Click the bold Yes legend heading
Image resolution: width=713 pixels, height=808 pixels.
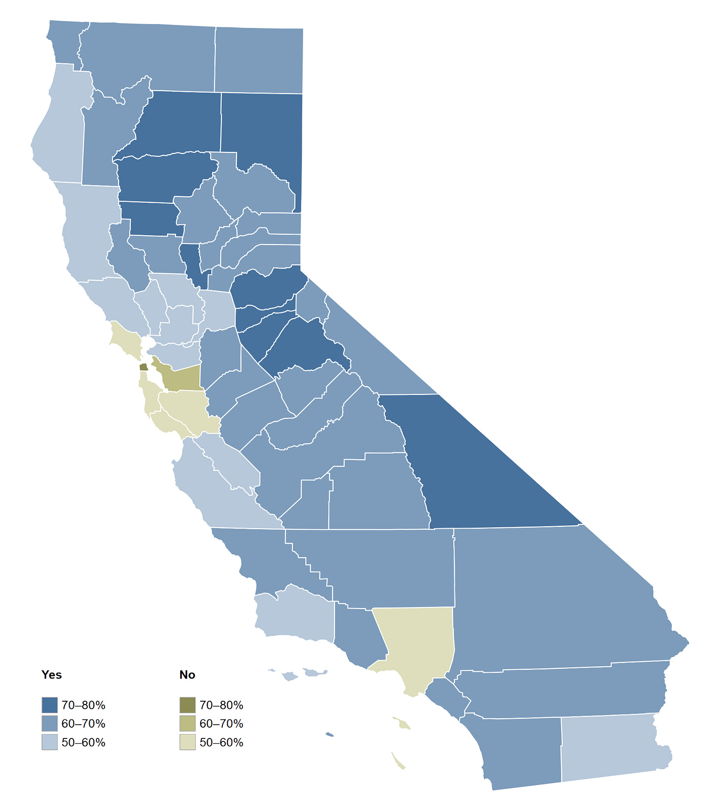tap(51, 675)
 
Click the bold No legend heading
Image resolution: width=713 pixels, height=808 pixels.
tap(187, 675)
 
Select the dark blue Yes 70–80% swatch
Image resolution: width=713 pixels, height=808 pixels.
tap(49, 705)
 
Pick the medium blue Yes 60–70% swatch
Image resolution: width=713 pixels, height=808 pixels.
tap(49, 724)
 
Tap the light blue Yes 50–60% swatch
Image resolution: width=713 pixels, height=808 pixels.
tap(49, 742)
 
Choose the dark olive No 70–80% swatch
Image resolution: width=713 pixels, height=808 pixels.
tap(188, 705)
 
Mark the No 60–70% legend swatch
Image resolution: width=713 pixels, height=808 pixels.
tap(188, 724)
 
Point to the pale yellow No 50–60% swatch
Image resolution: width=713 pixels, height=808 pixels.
tap(188, 742)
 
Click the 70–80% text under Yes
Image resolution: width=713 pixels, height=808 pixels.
tap(83, 706)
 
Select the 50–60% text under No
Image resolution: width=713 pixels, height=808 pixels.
tap(221, 743)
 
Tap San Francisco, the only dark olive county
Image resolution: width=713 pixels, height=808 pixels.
tap(143, 367)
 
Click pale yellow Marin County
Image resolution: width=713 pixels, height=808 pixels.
tap(124, 338)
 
